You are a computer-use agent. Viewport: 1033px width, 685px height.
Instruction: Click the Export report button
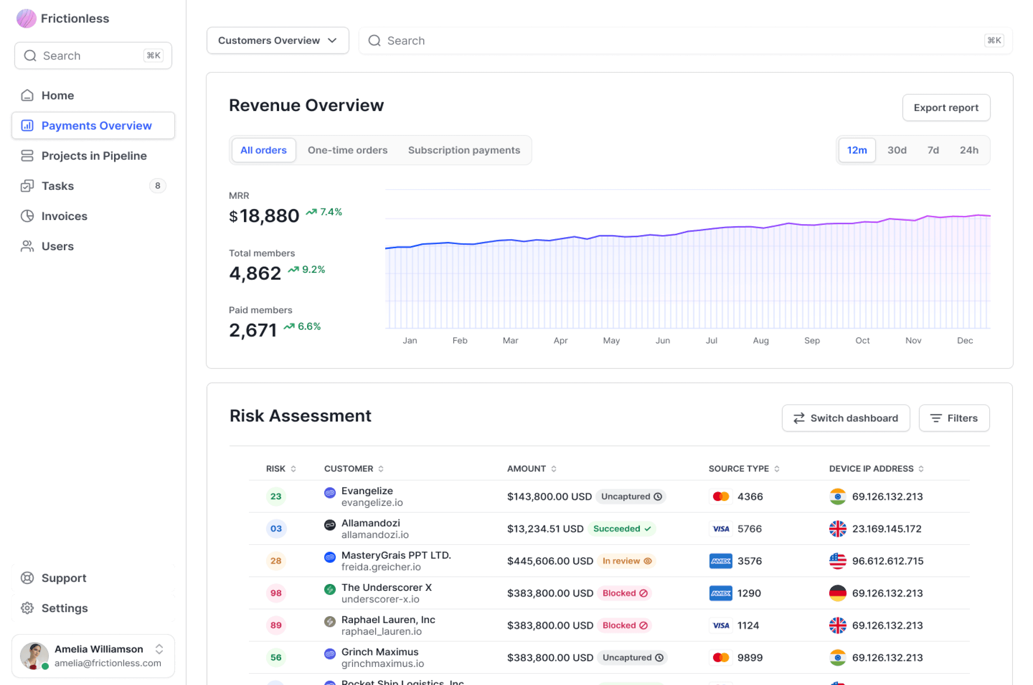point(946,108)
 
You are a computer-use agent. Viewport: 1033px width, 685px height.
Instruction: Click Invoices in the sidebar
point(64,216)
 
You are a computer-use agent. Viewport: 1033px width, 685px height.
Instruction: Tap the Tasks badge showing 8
point(158,186)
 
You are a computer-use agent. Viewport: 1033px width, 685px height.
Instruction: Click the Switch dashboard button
point(846,418)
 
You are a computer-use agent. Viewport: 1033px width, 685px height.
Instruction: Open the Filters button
point(954,418)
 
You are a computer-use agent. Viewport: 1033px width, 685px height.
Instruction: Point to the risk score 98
point(276,593)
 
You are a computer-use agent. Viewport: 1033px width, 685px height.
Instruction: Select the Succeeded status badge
point(622,529)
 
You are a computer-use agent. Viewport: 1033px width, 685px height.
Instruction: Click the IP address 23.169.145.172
point(886,529)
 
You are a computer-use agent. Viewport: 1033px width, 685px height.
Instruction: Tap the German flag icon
point(837,593)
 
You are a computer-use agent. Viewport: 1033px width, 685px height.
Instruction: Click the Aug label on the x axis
point(760,340)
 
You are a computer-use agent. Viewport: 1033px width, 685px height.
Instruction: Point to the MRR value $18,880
point(264,216)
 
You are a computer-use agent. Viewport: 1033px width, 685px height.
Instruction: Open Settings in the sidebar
point(64,608)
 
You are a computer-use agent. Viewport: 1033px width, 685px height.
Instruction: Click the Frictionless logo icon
point(26,18)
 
